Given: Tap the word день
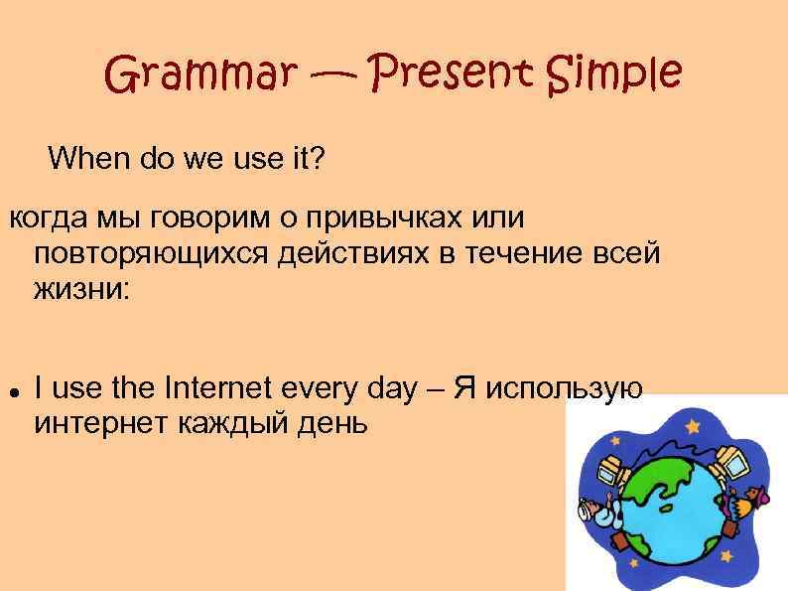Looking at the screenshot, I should tap(327, 425).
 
